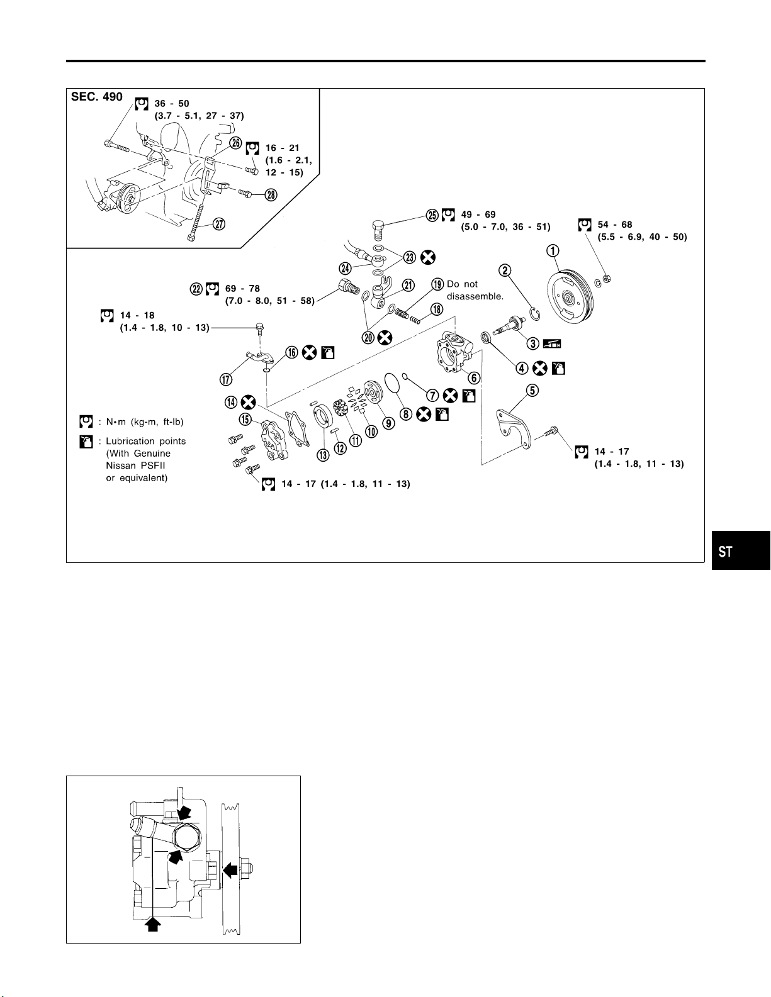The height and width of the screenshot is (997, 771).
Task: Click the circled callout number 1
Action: click(553, 251)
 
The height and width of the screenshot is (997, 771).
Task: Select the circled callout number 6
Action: click(474, 377)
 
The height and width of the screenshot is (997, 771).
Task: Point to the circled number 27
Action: click(220, 225)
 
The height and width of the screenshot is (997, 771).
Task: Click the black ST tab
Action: click(741, 551)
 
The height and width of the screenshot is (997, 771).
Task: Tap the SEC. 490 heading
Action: click(97, 97)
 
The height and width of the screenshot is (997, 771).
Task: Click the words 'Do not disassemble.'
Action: click(475, 290)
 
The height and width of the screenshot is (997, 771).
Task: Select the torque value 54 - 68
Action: click(615, 225)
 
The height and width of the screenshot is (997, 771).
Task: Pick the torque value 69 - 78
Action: click(242, 289)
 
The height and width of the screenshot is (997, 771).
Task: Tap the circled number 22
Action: click(196, 289)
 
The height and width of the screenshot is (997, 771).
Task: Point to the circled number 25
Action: click(432, 215)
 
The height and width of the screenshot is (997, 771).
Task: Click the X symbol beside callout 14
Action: click(249, 401)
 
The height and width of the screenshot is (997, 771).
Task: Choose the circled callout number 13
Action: click(323, 454)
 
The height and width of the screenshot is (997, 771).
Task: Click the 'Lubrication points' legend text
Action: click(145, 441)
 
